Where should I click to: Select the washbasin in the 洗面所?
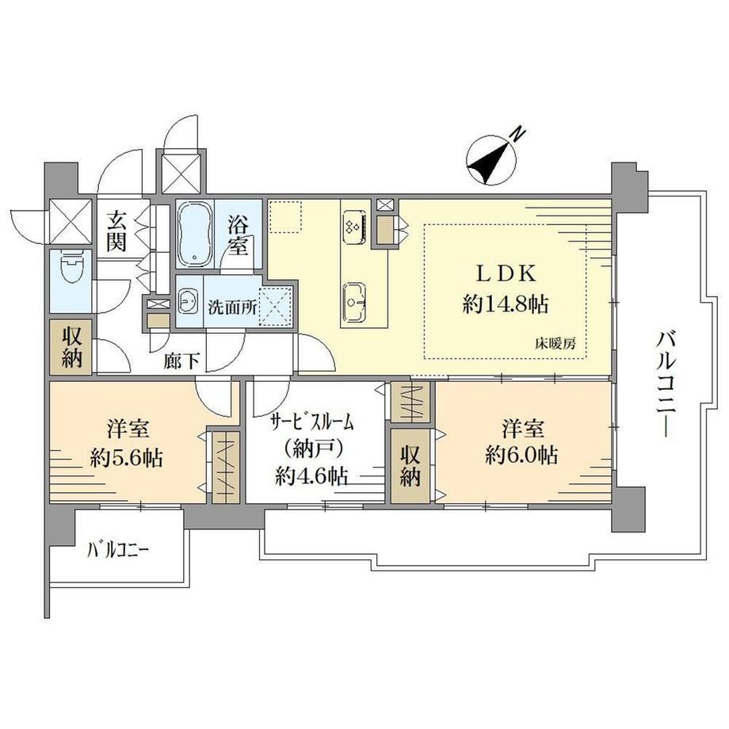(189, 302)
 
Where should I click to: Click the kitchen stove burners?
(354, 227)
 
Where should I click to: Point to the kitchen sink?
(355, 301)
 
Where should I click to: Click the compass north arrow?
(490, 161)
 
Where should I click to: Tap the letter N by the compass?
(518, 135)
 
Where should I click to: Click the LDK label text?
(505, 274)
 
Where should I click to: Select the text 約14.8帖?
(506, 304)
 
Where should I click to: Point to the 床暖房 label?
(555, 344)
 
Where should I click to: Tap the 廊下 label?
(181, 361)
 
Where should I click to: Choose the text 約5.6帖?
(127, 459)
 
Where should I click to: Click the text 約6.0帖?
(521, 455)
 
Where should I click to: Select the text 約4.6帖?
(311, 475)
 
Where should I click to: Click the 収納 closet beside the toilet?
(71, 347)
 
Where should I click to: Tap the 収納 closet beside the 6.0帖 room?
(410, 466)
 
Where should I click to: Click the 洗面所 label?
(232, 307)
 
